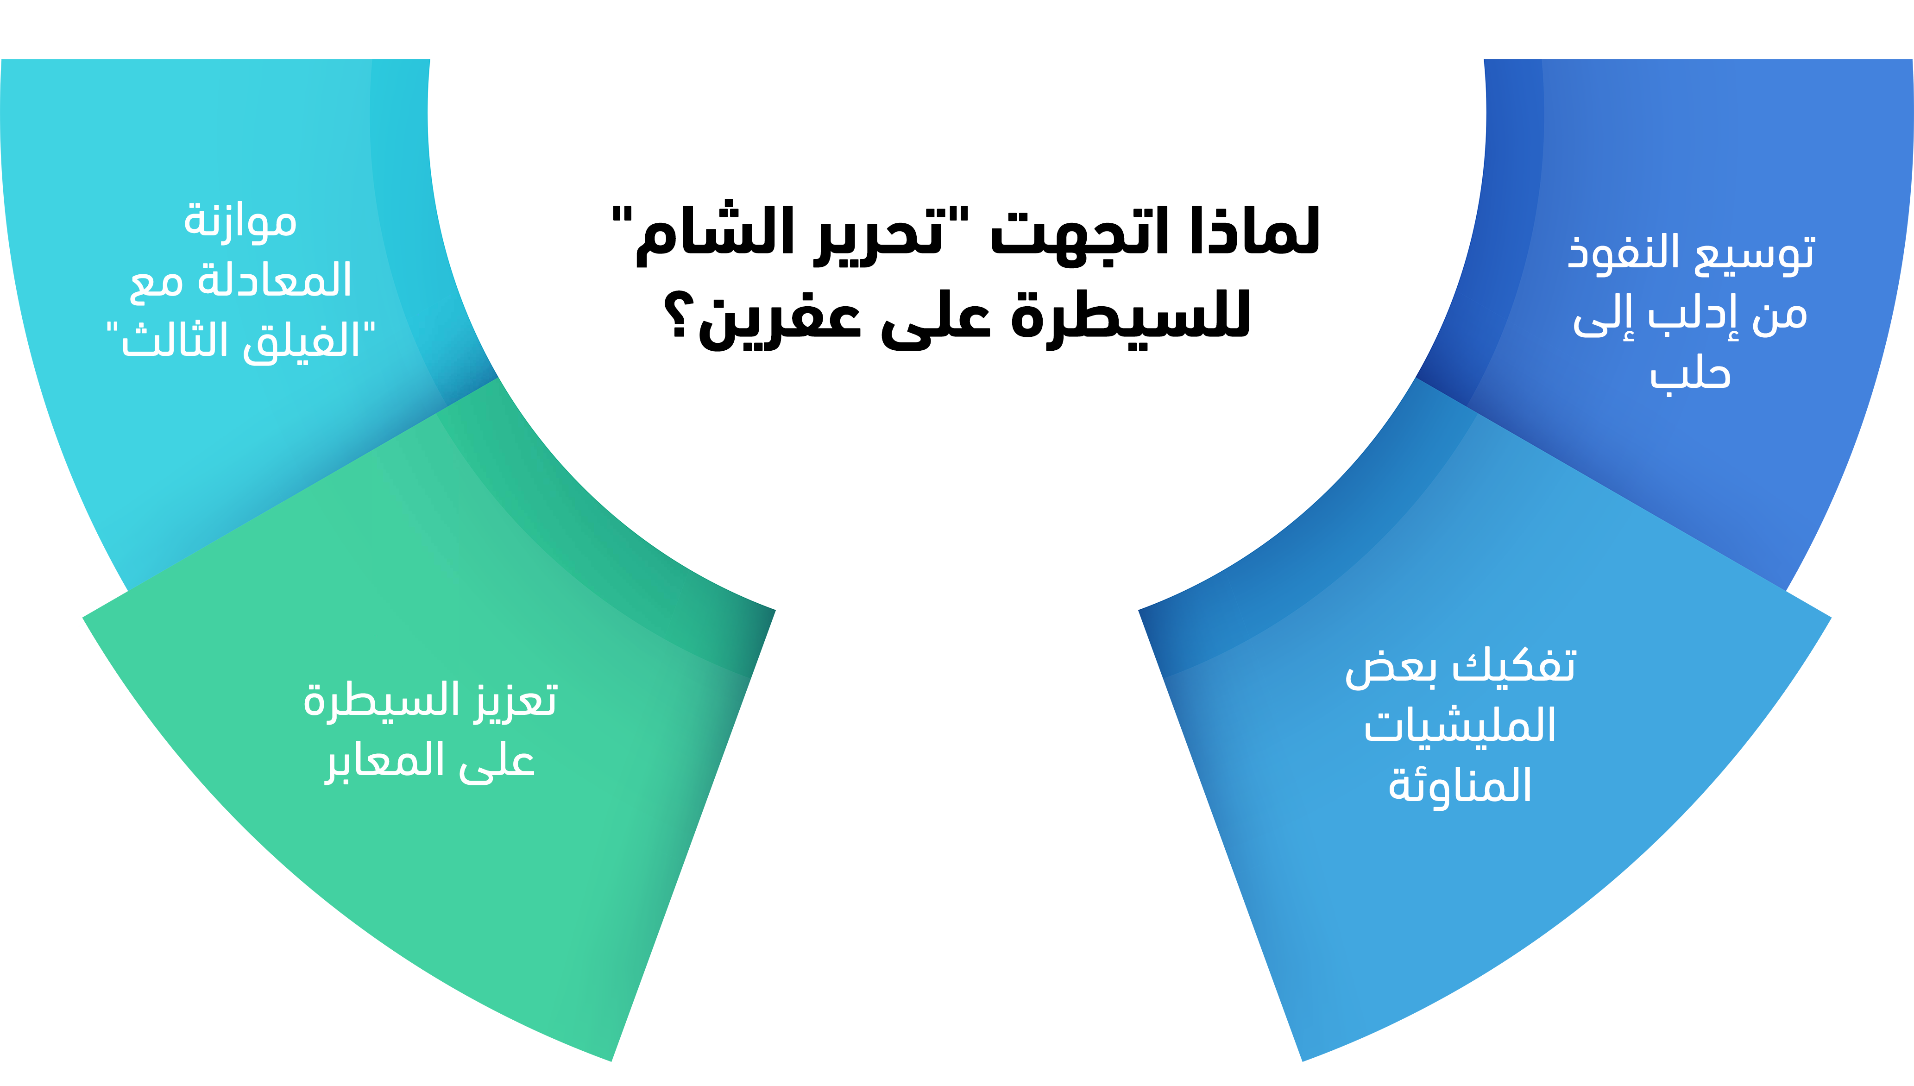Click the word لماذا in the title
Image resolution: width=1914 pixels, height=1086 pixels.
point(1256,230)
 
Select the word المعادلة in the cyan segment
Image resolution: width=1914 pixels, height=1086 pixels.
point(274,280)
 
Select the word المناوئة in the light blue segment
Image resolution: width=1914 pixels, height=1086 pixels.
point(1460,785)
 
